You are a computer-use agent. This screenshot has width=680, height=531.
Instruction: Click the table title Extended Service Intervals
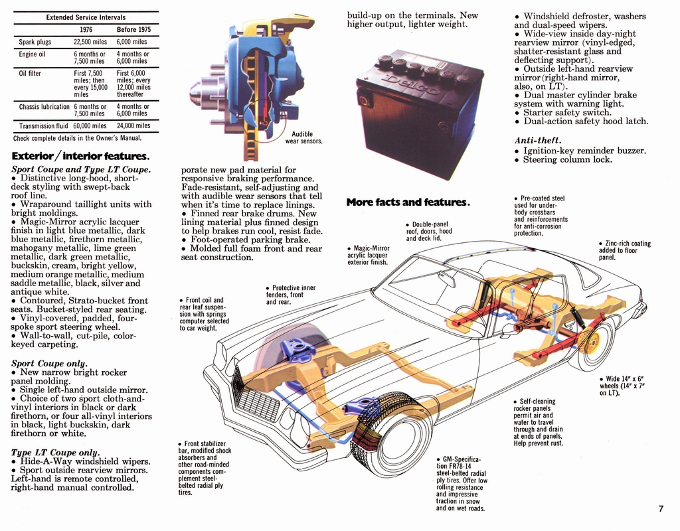(x=86, y=17)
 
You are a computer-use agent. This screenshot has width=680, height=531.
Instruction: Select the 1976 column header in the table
(x=86, y=30)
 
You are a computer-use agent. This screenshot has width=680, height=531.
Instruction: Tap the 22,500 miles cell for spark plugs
(x=90, y=42)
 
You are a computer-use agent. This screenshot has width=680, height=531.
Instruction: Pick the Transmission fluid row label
(x=42, y=126)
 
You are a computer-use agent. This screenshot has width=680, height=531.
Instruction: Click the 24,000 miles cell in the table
(x=133, y=126)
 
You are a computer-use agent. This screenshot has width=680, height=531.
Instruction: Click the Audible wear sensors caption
(x=303, y=137)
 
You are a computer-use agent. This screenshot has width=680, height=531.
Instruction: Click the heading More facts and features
(x=408, y=202)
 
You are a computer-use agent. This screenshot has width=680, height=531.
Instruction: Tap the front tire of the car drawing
(x=392, y=435)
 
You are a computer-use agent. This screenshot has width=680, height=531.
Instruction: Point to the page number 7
(x=661, y=509)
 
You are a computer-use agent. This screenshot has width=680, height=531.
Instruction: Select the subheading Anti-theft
(x=537, y=141)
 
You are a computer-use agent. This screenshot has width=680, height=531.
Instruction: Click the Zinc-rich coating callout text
(x=624, y=250)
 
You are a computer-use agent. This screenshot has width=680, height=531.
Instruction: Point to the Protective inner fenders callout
(x=290, y=295)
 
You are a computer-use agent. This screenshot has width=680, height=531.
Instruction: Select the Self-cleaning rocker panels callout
(x=538, y=421)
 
